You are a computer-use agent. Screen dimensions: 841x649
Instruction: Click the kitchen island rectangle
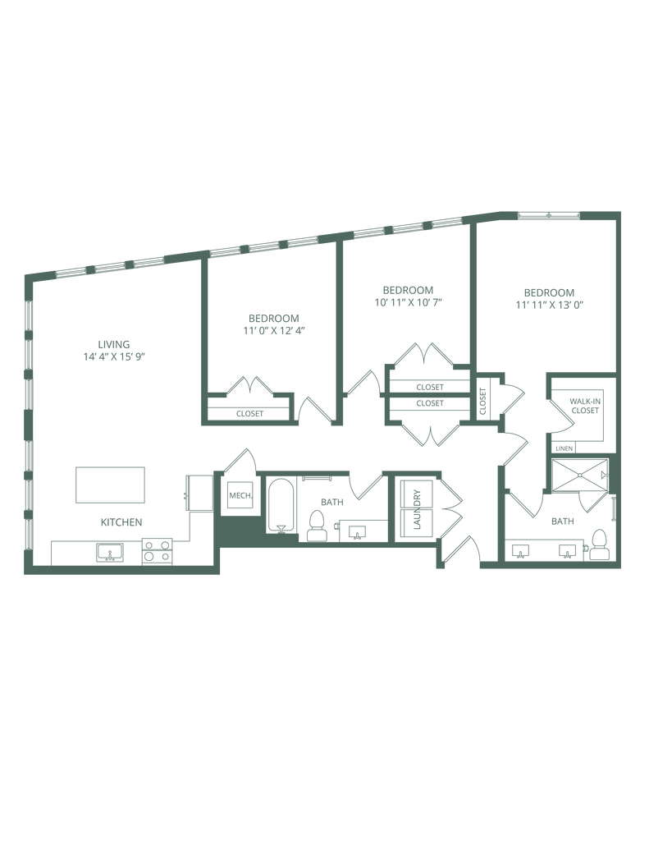pos(110,485)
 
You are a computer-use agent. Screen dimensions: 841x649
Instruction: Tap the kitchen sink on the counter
pos(109,553)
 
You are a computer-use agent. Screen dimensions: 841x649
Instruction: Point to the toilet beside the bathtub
pos(316,524)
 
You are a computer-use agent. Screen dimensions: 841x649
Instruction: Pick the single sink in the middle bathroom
pos(355,531)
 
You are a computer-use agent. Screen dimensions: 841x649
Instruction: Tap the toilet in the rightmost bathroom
pos(600,544)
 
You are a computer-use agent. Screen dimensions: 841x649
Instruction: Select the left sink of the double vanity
pos(519,550)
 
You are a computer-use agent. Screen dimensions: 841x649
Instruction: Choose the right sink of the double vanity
pos(565,550)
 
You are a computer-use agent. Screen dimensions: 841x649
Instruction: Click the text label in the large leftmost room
pos(114,349)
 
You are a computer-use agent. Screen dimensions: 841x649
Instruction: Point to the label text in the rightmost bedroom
pos(549,298)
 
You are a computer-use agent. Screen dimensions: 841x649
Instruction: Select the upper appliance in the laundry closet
pos(414,496)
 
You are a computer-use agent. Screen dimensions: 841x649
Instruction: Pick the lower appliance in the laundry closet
pos(414,521)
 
